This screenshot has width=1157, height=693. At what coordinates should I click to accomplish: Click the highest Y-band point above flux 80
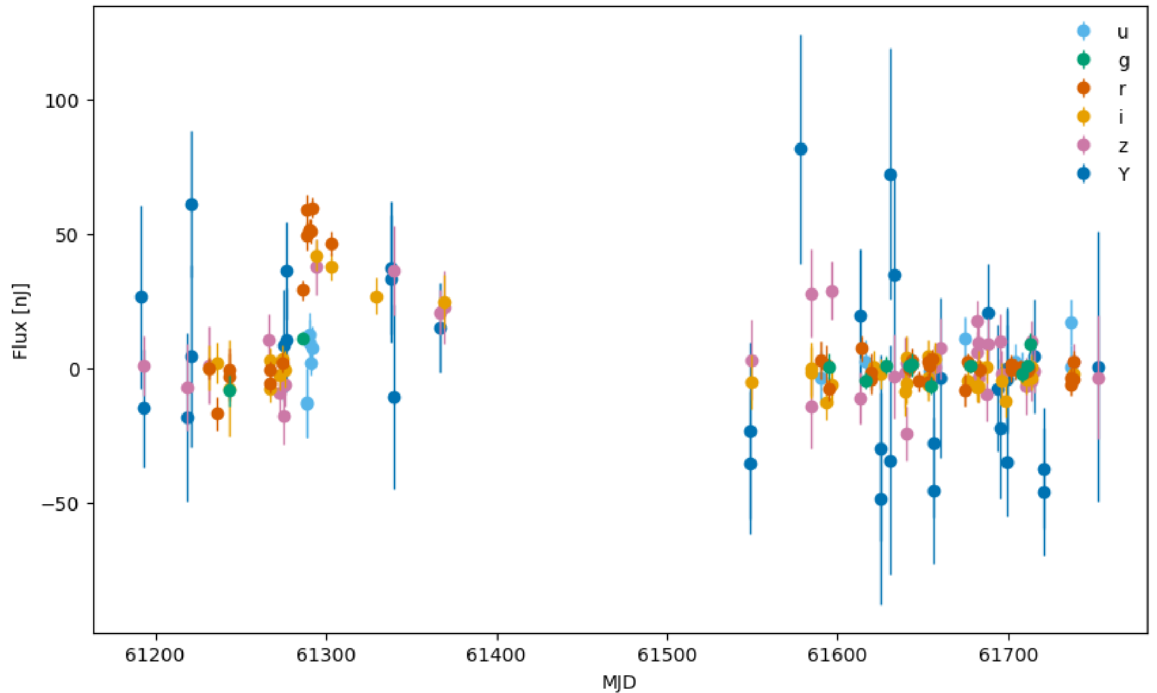(x=800, y=149)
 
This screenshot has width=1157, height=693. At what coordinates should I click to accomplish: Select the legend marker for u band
(x=1083, y=31)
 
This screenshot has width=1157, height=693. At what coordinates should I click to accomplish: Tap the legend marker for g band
(x=1083, y=60)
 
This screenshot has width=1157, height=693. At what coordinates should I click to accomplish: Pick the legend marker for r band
(x=1083, y=88)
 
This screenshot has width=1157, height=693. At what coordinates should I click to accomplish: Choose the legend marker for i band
(x=1083, y=117)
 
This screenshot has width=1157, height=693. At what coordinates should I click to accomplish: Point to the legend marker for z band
(x=1083, y=145)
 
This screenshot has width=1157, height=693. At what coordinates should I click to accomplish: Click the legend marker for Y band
(x=1083, y=174)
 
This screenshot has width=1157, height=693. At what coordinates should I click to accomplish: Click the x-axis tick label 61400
(x=496, y=656)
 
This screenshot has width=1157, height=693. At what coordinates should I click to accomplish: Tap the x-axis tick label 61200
(x=155, y=656)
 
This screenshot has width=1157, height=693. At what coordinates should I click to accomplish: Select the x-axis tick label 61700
(x=1008, y=656)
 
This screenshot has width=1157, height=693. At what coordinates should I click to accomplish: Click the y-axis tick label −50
(x=61, y=504)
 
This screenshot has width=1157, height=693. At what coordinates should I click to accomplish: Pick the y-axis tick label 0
(x=74, y=370)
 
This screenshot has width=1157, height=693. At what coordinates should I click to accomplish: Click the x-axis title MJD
(x=619, y=682)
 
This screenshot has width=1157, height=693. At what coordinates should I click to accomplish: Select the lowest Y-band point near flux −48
(x=881, y=499)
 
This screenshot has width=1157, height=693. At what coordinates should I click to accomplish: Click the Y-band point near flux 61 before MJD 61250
(x=192, y=205)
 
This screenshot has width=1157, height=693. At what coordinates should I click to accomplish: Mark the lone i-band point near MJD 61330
(x=376, y=297)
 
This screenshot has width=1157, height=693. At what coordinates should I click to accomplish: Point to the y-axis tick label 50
(x=68, y=235)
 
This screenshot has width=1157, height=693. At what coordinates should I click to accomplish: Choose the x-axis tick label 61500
(x=667, y=656)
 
